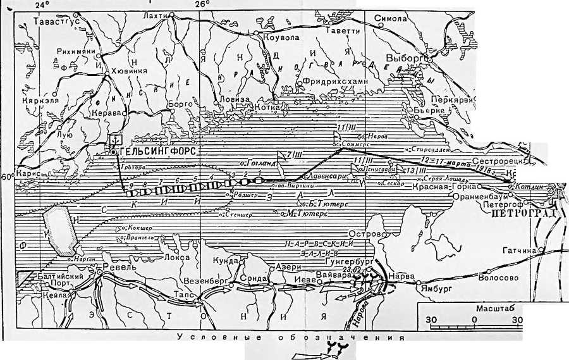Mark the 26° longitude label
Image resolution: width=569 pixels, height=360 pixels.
click(x=201, y=4)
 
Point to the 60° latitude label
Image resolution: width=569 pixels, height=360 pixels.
click(x=8, y=177)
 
